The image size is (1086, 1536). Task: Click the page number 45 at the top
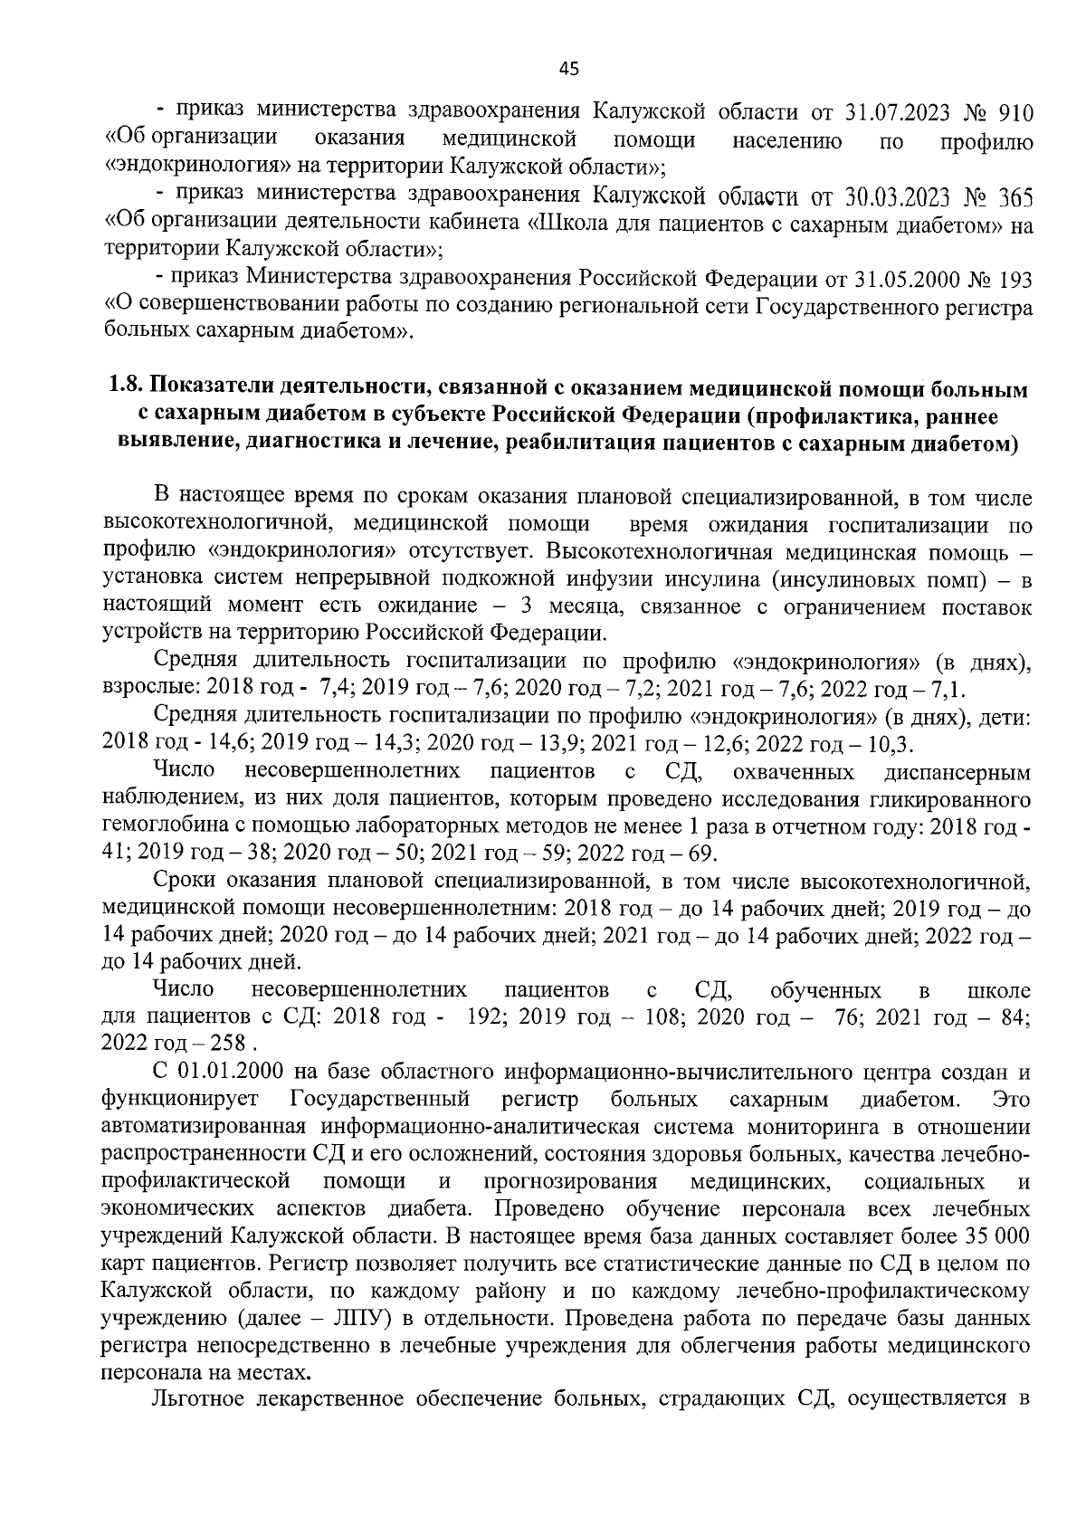(568, 68)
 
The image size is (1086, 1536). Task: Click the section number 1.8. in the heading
(126, 391)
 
